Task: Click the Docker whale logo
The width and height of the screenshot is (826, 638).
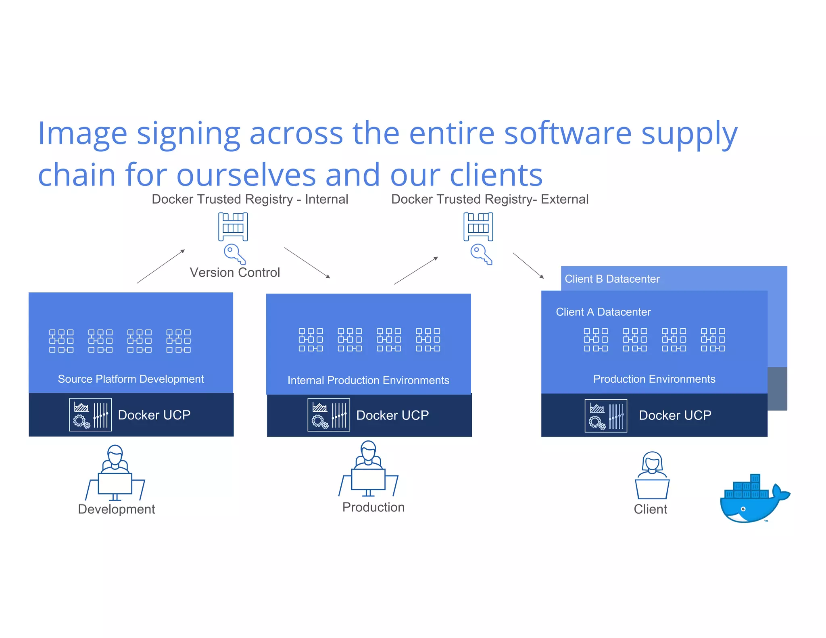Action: coord(753,499)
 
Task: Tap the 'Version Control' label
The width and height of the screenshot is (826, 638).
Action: coord(235,273)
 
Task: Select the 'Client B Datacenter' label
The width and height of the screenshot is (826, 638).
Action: coord(612,279)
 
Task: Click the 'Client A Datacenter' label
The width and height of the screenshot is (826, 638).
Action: coord(603,312)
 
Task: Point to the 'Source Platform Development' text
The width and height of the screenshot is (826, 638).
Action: coord(131,379)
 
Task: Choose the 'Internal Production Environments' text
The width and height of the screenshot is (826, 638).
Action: coord(368,380)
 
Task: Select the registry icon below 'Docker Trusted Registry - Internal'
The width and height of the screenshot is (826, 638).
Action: coord(233,227)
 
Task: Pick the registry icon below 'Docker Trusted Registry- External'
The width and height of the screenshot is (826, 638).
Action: coord(478,227)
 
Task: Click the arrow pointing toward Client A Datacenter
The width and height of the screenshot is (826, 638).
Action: coord(528,265)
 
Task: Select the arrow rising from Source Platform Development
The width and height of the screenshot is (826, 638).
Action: coord(161,266)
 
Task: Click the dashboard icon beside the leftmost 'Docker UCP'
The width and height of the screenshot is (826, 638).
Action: coord(90,415)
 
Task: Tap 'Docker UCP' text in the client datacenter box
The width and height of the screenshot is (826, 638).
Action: coord(675,415)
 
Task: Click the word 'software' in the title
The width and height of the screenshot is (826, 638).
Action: coord(568,133)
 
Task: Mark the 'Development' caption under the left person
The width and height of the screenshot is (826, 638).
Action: coord(117,509)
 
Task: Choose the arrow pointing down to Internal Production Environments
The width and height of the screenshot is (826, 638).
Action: coord(307,263)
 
